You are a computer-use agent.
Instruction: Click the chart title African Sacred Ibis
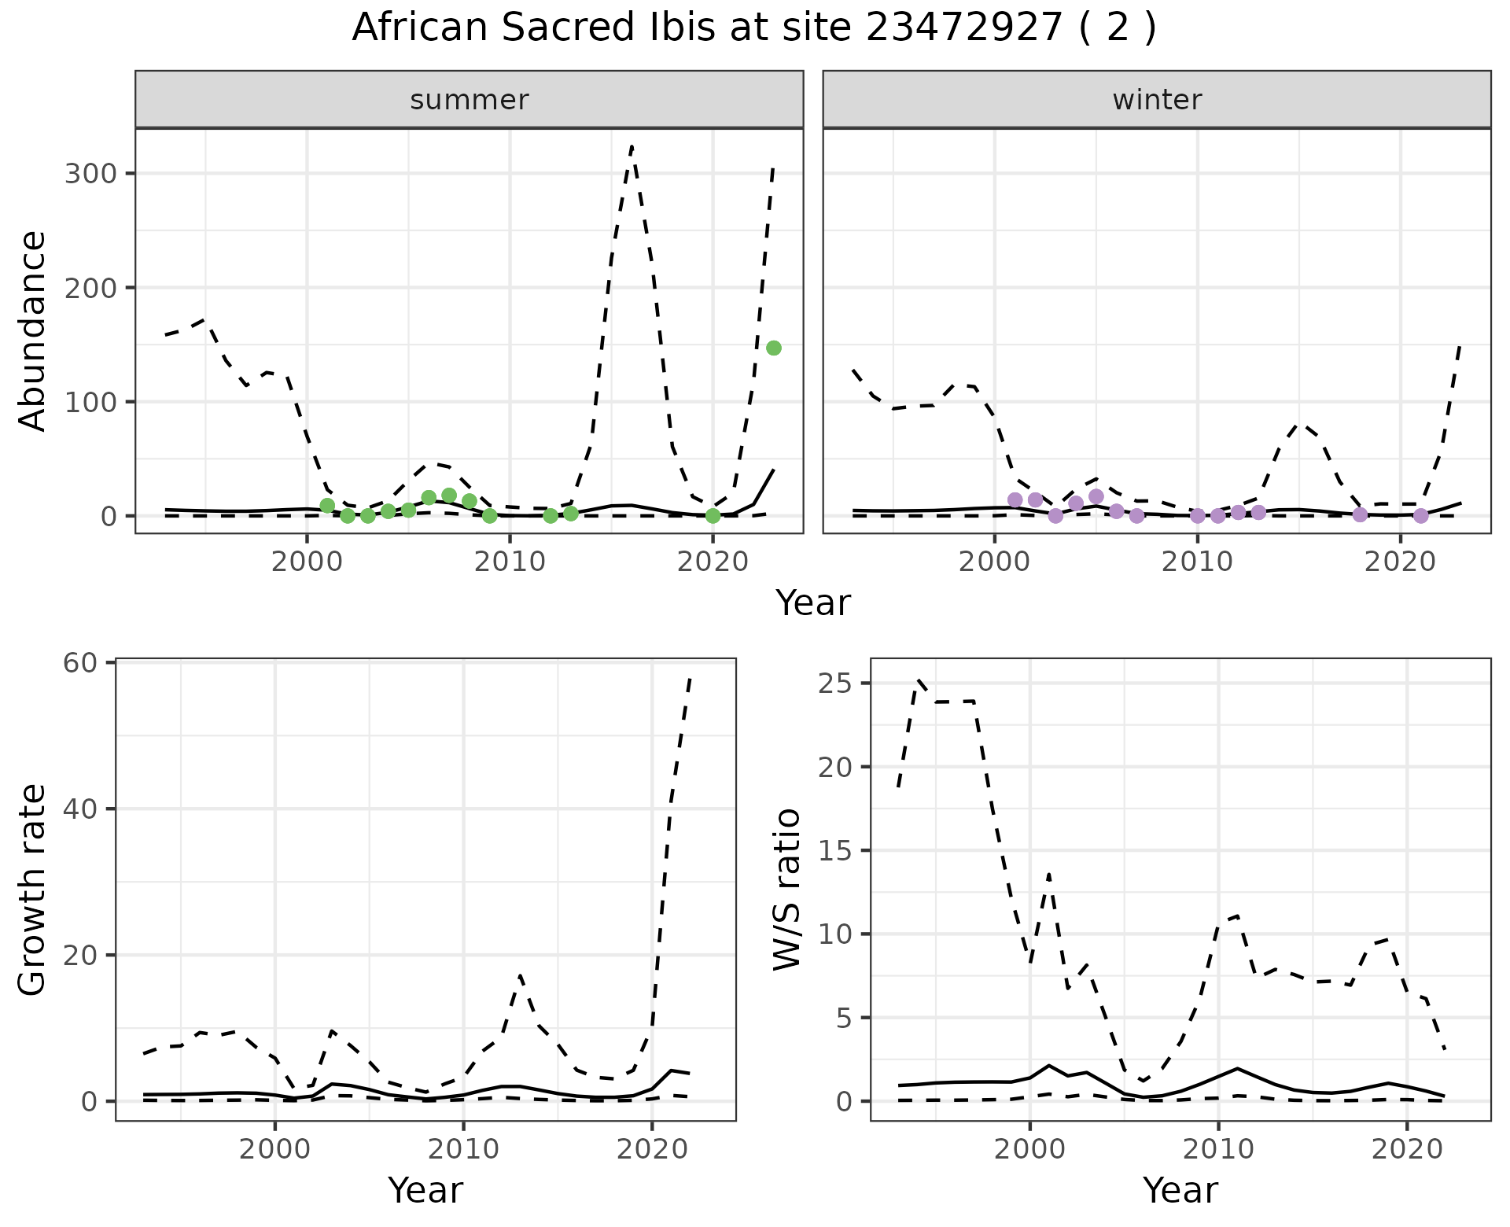[753, 28]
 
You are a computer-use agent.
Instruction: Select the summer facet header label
[470, 100]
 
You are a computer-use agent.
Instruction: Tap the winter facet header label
[1156, 100]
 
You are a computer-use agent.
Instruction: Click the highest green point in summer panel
[774, 348]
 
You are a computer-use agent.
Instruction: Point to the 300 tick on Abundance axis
[90, 174]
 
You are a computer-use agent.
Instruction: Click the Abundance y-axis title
[33, 330]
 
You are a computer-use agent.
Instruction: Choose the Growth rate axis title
[33, 889]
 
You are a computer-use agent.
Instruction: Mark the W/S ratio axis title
[786, 889]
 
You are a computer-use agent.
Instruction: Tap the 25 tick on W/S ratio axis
[835, 684]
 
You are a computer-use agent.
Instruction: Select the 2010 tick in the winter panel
[1197, 562]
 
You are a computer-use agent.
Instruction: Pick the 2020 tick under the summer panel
[713, 562]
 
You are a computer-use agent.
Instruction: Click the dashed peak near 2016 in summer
[632, 146]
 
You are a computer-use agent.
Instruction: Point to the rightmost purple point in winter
[1420, 516]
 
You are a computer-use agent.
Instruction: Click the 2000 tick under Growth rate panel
[274, 1149]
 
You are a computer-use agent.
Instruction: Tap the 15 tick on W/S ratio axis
[835, 851]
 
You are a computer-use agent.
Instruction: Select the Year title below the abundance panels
[813, 603]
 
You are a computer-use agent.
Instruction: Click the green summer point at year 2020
[713, 516]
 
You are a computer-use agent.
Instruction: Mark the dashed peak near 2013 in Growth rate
[521, 976]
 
